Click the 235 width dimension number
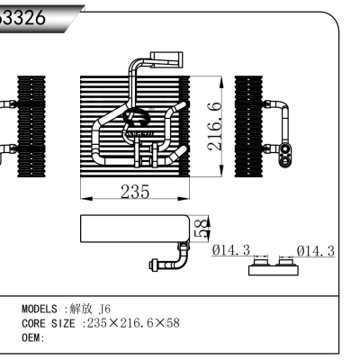134,192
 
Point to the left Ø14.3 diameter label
231,250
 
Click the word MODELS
41,309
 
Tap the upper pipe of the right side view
279,108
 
